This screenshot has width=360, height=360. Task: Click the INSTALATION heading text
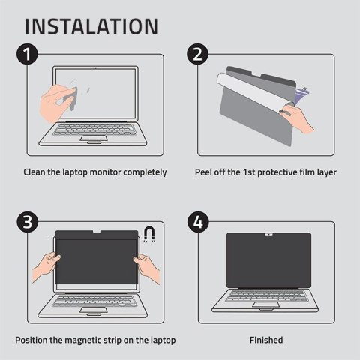click(x=91, y=25)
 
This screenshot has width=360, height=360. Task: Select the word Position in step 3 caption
click(x=33, y=340)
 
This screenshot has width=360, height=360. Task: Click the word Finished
click(x=266, y=340)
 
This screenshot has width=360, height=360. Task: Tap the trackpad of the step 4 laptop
click(x=266, y=307)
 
